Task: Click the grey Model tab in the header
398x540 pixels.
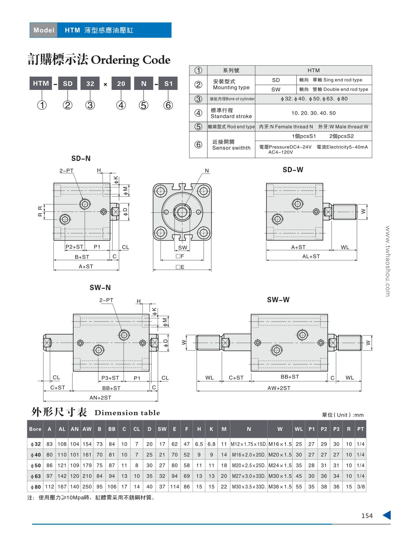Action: click(x=44, y=30)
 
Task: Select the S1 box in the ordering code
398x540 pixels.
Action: click(x=168, y=83)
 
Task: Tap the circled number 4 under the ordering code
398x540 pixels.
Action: click(x=121, y=105)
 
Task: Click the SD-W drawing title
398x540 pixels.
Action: click(x=293, y=170)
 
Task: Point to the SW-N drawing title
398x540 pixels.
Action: click(x=100, y=287)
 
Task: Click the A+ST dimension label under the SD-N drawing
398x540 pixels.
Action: click(x=86, y=266)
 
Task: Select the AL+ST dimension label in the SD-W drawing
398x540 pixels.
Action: click(x=311, y=256)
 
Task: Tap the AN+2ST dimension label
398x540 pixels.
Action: click(x=100, y=397)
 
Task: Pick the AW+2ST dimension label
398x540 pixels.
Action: click(x=279, y=388)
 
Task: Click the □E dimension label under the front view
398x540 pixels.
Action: click(x=180, y=267)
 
